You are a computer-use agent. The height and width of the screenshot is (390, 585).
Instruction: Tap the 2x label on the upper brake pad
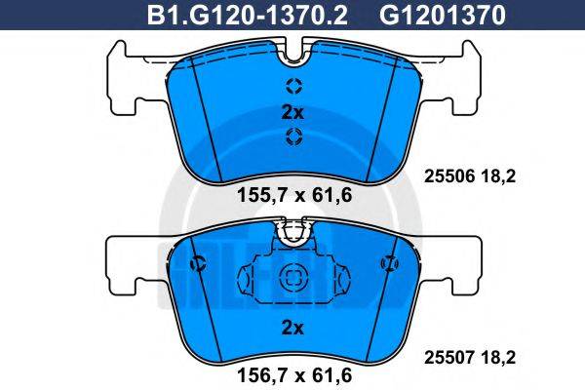292,112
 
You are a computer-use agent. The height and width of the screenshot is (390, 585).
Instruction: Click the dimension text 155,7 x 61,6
293,195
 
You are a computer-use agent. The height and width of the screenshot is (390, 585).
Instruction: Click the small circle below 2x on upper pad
292,139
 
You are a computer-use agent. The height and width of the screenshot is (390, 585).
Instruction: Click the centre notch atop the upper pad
292,49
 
